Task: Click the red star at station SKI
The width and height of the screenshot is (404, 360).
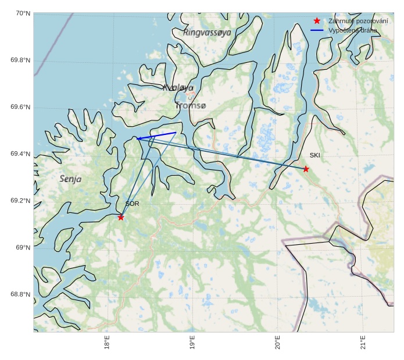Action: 306,169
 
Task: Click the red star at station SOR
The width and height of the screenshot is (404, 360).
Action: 121,217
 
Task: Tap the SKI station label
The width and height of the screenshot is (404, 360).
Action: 314,155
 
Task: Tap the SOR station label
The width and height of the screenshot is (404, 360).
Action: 132,204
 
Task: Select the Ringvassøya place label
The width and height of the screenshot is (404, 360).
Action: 207,33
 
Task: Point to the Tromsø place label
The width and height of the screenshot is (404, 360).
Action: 191,106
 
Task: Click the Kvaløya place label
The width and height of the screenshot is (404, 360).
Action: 178,88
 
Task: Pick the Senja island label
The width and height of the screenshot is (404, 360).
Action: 70,179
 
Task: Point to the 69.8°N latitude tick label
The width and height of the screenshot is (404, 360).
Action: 20,60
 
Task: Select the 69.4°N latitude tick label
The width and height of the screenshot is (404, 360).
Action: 20,154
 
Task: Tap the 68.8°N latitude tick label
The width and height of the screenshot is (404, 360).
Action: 20,294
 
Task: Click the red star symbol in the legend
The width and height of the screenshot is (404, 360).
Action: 317,21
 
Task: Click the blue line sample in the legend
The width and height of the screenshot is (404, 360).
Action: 317,30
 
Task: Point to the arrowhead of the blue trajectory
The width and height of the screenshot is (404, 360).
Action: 138,138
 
